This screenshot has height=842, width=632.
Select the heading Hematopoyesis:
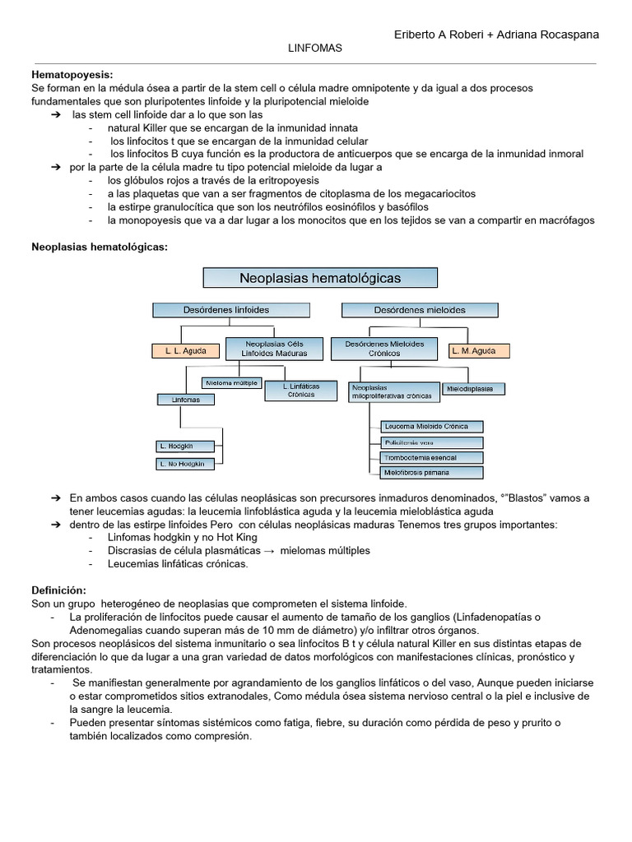pos(72,74)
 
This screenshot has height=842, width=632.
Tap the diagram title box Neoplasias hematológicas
pos(320,278)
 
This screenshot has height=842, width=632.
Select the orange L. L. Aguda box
pos(186,350)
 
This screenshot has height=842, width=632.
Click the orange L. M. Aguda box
pos(479,350)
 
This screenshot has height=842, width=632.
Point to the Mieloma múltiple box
pos(230,382)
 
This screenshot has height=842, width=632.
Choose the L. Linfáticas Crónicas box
pos(300,390)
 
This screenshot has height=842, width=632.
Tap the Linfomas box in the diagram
pos(185,400)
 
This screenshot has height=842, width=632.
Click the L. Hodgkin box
pos(185,446)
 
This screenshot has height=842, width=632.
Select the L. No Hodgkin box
pos(185,464)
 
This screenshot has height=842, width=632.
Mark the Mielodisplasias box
pos(474,387)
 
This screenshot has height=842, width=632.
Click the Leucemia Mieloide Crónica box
pos(432,426)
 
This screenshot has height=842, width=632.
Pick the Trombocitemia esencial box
pos(432,457)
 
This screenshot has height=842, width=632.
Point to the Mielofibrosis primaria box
pos(432,473)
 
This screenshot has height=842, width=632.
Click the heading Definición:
pos(58,590)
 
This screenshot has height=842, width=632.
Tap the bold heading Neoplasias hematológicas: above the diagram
pos(99,247)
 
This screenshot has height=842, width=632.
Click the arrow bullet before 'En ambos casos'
pos(56,498)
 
